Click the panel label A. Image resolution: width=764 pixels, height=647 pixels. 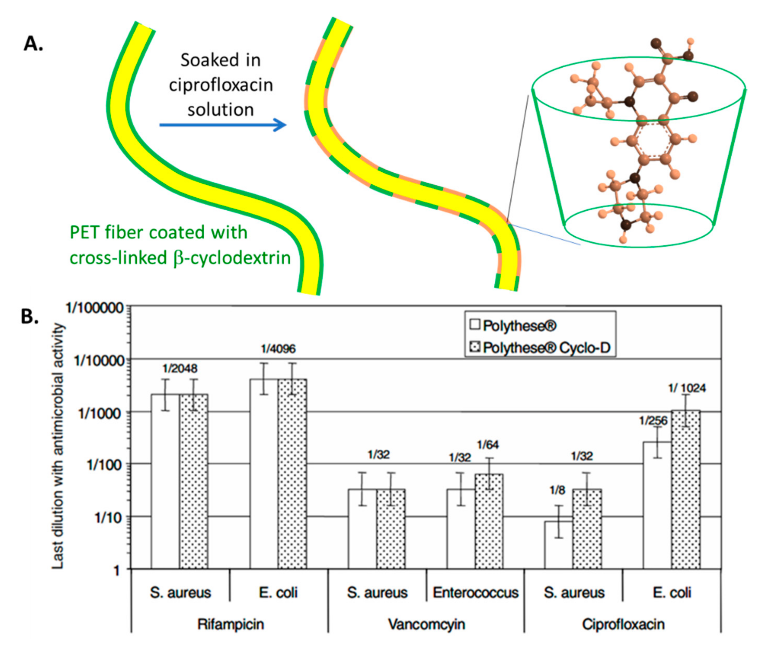click(33, 44)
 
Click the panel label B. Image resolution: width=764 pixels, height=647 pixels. click(30, 316)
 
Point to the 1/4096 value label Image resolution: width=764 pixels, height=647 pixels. click(278, 349)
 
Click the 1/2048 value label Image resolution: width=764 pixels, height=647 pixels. click(180, 368)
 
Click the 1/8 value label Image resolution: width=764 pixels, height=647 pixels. click(557, 490)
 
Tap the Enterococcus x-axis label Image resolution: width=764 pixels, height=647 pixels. click(476, 592)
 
